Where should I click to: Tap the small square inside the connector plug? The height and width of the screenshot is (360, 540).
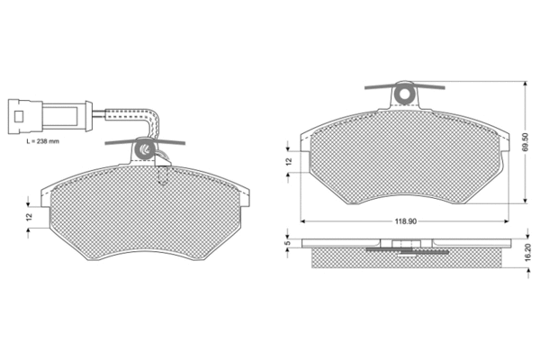(x=19, y=114)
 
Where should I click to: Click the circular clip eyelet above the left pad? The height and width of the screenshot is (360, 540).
(x=145, y=147)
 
